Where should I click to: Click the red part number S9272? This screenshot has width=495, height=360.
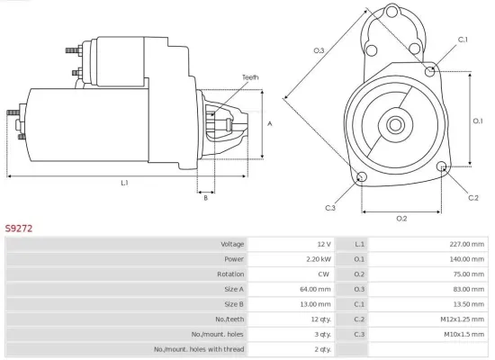click(19, 229)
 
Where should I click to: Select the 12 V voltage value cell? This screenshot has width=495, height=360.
click(323, 245)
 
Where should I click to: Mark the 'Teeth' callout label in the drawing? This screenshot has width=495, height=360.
click(250, 78)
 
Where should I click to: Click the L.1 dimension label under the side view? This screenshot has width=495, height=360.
click(124, 183)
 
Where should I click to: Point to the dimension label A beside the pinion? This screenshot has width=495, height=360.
click(270, 123)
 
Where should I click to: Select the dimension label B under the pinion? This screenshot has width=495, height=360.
click(205, 198)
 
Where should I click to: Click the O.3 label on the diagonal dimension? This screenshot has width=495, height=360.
click(319, 50)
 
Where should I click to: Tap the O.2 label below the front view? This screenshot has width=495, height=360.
click(401, 218)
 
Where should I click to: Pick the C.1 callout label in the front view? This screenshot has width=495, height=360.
click(463, 40)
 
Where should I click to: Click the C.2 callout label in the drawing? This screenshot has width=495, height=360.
click(473, 196)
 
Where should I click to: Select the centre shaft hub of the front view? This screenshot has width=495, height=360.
click(396, 121)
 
